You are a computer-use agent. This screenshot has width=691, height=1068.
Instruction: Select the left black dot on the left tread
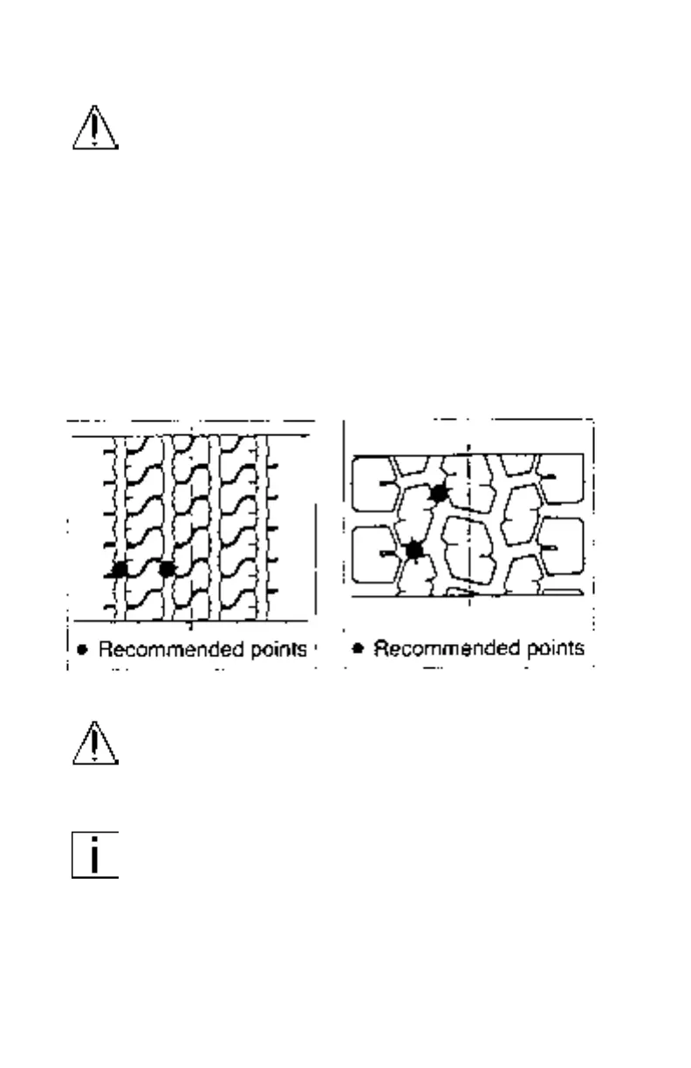point(120,569)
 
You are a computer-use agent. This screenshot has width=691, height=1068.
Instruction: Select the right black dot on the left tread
point(167,569)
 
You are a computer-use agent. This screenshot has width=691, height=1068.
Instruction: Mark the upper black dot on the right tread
point(439,493)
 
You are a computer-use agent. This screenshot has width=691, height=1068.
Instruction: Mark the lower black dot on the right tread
point(414,550)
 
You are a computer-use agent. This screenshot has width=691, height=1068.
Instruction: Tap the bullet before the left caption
point(82,649)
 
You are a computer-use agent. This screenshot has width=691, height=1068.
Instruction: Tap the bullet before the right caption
point(358,649)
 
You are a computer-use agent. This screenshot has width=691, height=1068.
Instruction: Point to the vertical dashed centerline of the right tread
point(470,524)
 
